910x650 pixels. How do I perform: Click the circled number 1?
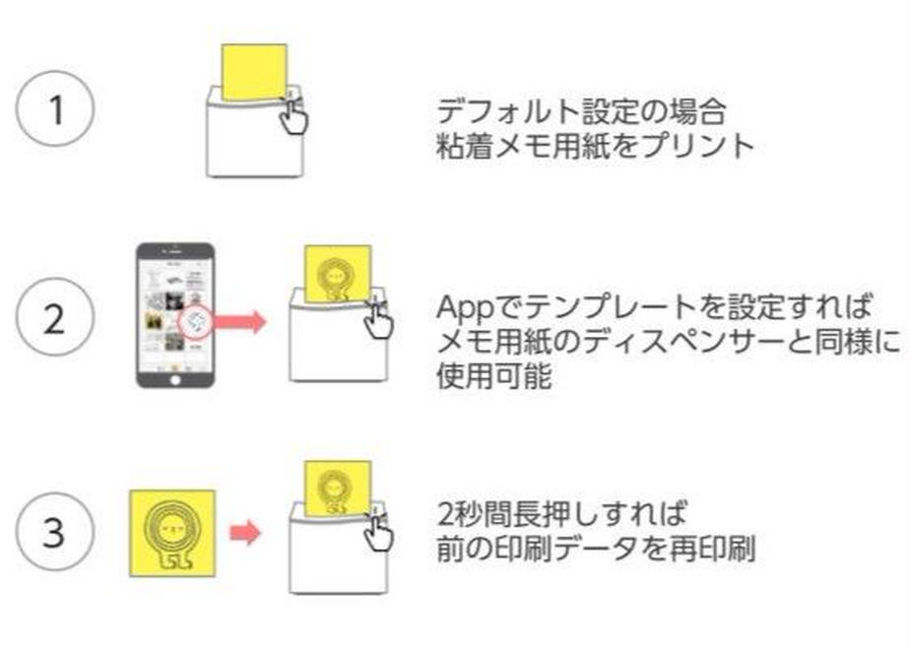[55, 108]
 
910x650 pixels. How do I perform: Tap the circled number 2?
[55, 321]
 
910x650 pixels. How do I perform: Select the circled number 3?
[55, 534]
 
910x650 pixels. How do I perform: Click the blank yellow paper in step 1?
[254, 71]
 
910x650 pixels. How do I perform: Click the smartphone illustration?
[174, 314]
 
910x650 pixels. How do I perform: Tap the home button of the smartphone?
[174, 375]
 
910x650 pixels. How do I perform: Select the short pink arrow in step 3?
[244, 534]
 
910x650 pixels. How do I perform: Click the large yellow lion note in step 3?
[173, 532]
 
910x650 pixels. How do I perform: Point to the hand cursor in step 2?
[376, 320]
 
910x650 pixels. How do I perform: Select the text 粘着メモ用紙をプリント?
[595, 146]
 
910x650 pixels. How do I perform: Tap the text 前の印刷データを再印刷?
[595, 550]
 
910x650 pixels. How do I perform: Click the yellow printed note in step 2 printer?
[338, 271]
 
